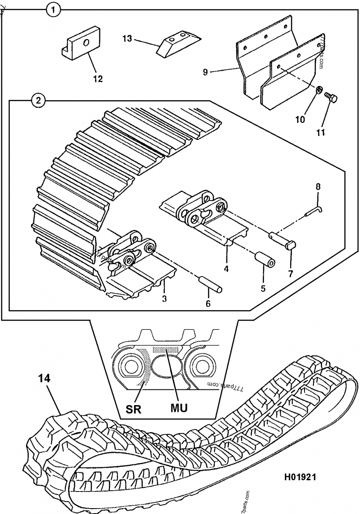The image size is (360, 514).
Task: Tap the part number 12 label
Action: [x=98, y=79]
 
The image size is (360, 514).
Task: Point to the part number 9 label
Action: [x=205, y=72]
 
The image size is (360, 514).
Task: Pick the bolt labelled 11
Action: [x=333, y=98]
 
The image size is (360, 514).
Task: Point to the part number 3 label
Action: [x=165, y=299]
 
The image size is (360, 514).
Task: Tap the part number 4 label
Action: [x=226, y=269]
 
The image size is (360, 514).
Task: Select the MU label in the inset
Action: [x=178, y=407]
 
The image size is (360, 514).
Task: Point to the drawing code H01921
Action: [x=299, y=477]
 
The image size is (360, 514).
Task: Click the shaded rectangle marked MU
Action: [x=166, y=349]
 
